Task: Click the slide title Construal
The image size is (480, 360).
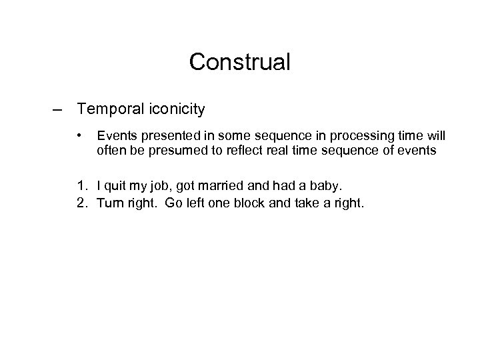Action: (239, 62)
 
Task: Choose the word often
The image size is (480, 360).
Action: (111, 151)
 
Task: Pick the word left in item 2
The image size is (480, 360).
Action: (195, 203)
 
